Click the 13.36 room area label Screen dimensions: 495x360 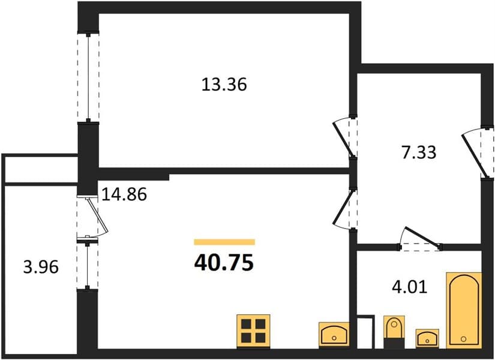(224, 85)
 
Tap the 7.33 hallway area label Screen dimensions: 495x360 (419, 152)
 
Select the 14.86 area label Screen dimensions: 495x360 (124, 194)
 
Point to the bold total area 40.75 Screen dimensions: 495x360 (224, 263)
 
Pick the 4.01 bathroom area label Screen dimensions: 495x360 (410, 287)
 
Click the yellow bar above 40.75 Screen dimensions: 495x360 (224, 242)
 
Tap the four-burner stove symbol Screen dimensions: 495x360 (253, 331)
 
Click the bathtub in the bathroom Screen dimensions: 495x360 (464, 310)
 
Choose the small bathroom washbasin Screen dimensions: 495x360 (427, 338)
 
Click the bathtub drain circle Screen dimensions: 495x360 (463, 339)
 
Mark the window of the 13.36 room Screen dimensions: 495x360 (88, 77)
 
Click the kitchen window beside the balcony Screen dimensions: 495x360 (88, 265)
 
